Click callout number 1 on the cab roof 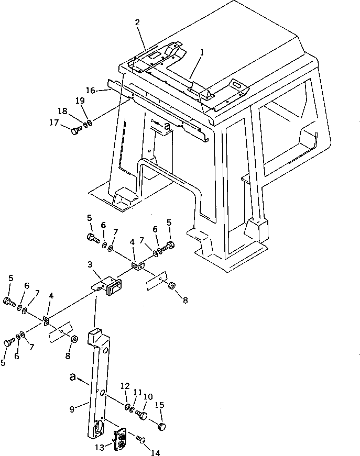pos(202,53)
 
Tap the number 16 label pos(91,90)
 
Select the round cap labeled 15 pos(161,427)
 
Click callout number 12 pos(124,386)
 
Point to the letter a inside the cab pos(167,126)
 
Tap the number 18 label pos(62,111)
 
